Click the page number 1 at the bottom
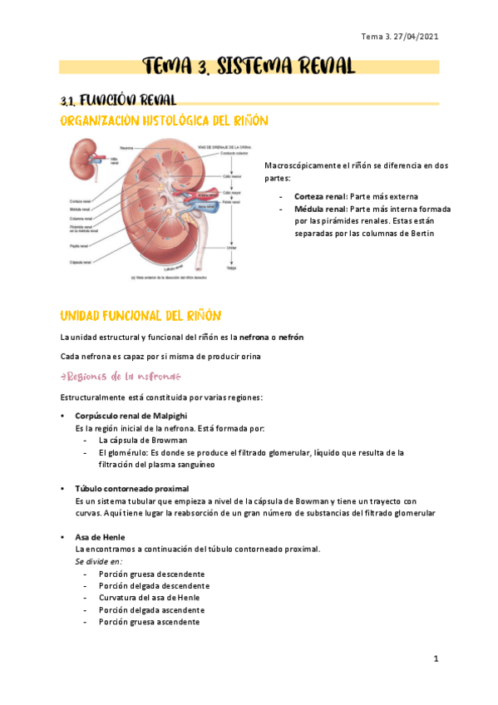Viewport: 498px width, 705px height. pyautogui.click(x=435, y=658)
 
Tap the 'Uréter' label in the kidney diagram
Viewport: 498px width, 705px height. pyautogui.click(x=231, y=247)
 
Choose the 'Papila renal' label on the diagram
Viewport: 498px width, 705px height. pyautogui.click(x=82, y=244)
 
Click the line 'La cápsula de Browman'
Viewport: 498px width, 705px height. pyautogui.click(x=142, y=440)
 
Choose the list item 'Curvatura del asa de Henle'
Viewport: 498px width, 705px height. pyautogui.click(x=150, y=598)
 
